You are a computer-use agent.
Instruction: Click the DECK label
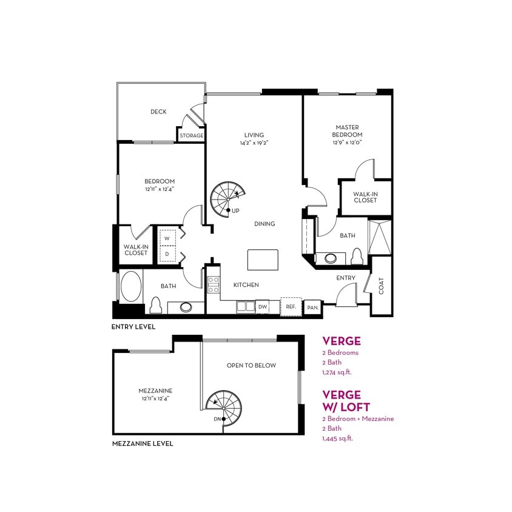click(x=158, y=112)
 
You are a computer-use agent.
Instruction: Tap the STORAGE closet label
click(x=191, y=135)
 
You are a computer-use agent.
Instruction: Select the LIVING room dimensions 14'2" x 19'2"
click(x=254, y=143)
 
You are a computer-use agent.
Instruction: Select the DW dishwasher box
click(x=263, y=307)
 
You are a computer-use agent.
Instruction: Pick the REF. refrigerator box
click(x=291, y=306)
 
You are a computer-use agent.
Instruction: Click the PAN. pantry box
click(x=312, y=307)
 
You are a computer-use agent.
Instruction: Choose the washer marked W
click(x=167, y=238)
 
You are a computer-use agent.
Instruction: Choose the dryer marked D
click(x=167, y=254)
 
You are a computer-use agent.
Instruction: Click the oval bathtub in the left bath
click(x=130, y=287)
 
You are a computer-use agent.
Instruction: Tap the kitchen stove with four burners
click(x=214, y=285)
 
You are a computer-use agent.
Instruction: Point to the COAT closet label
click(x=382, y=286)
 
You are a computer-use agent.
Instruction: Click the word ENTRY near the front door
click(x=346, y=277)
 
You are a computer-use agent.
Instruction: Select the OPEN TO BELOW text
click(x=251, y=365)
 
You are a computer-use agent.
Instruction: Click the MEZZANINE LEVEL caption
click(x=143, y=443)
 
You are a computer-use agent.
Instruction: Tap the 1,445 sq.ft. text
click(x=337, y=438)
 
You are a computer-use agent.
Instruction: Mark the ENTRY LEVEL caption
click(x=133, y=326)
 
